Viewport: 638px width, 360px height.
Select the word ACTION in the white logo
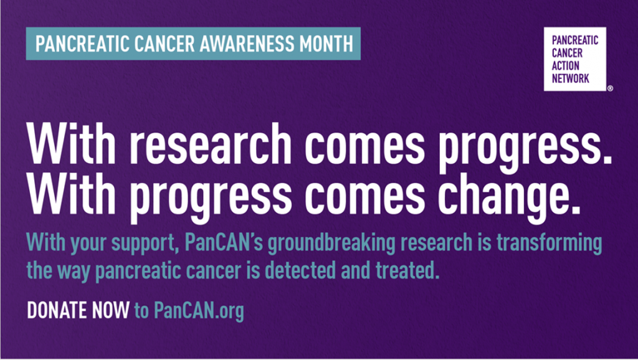point(566,65)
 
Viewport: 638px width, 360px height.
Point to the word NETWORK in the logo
point(571,78)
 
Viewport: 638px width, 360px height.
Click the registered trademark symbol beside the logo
point(610,88)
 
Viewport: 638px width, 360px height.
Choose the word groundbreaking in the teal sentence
point(331,244)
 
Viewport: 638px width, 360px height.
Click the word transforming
point(550,244)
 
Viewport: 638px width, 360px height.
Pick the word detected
point(300,270)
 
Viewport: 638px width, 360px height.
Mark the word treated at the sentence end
point(407,270)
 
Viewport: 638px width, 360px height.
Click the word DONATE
point(57,310)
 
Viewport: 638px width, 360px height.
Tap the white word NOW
point(111,310)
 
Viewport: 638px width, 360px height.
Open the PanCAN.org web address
point(199,311)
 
